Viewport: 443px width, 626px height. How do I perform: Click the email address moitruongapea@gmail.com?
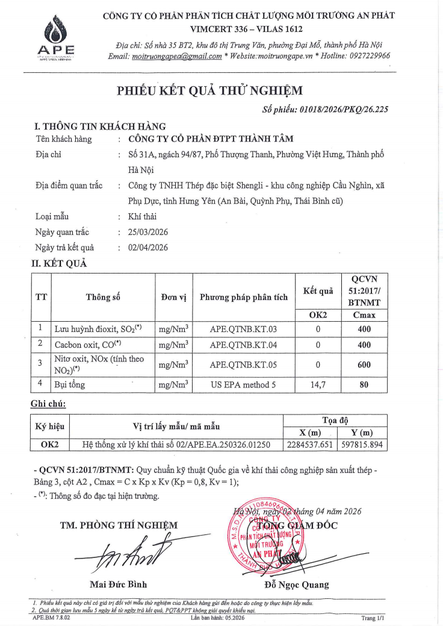click(176, 56)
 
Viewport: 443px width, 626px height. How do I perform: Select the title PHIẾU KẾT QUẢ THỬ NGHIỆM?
click(210, 91)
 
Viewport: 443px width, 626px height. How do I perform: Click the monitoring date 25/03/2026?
click(149, 231)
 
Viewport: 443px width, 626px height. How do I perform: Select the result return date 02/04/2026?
click(149, 247)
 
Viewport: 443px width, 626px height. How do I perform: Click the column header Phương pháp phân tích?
click(244, 297)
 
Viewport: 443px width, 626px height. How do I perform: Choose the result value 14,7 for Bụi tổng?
click(318, 384)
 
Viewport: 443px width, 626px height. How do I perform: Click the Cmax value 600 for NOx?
click(364, 364)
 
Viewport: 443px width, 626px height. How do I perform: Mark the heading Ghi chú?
click(49, 403)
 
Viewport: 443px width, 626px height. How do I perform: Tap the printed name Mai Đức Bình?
click(117, 584)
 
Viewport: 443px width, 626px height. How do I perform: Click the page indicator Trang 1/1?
click(373, 618)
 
